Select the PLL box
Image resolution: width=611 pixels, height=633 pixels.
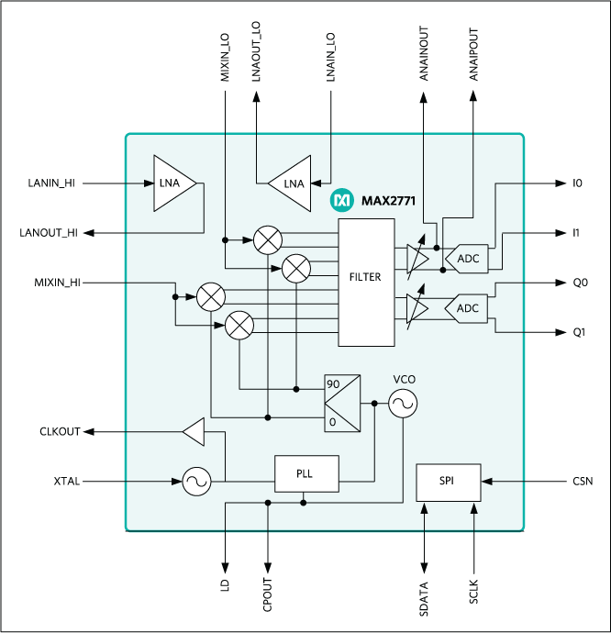306,473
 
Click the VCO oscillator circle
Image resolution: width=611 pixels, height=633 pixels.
402,404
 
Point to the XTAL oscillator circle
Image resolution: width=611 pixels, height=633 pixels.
195,481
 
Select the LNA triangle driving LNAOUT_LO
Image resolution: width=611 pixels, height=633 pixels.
290,183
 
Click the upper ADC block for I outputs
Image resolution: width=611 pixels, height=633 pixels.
466,259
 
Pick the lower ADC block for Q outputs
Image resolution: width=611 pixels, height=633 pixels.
466,308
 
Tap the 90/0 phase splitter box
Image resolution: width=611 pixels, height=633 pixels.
342,403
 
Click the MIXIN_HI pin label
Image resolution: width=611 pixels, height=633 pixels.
53,283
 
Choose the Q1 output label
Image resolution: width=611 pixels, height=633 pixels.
579,331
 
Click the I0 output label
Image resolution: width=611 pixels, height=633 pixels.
577,183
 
